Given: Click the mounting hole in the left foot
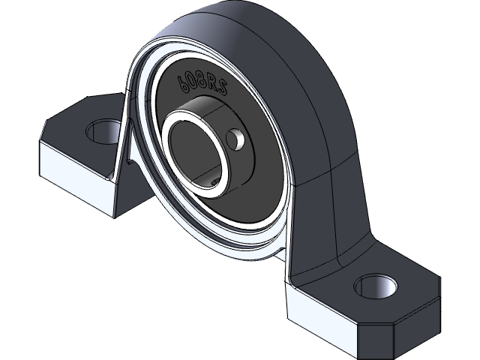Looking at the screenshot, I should [100, 133].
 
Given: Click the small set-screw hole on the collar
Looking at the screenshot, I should [237, 139].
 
